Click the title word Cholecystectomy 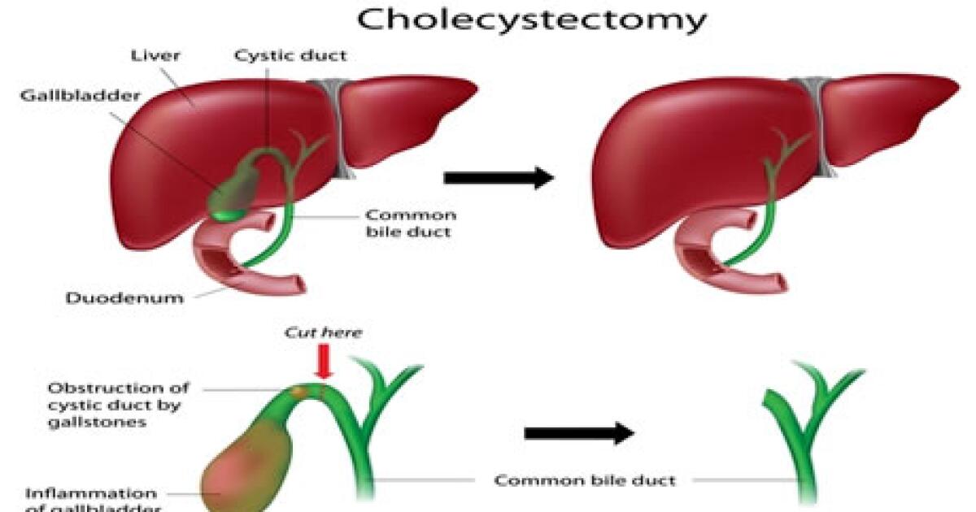tap(531, 20)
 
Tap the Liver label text tap(156, 56)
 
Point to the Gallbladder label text tap(81, 94)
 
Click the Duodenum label tap(124, 297)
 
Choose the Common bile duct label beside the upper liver tap(410, 223)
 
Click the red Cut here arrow tap(326, 361)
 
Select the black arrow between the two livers tap(499, 178)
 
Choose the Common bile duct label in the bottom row tap(585, 480)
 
